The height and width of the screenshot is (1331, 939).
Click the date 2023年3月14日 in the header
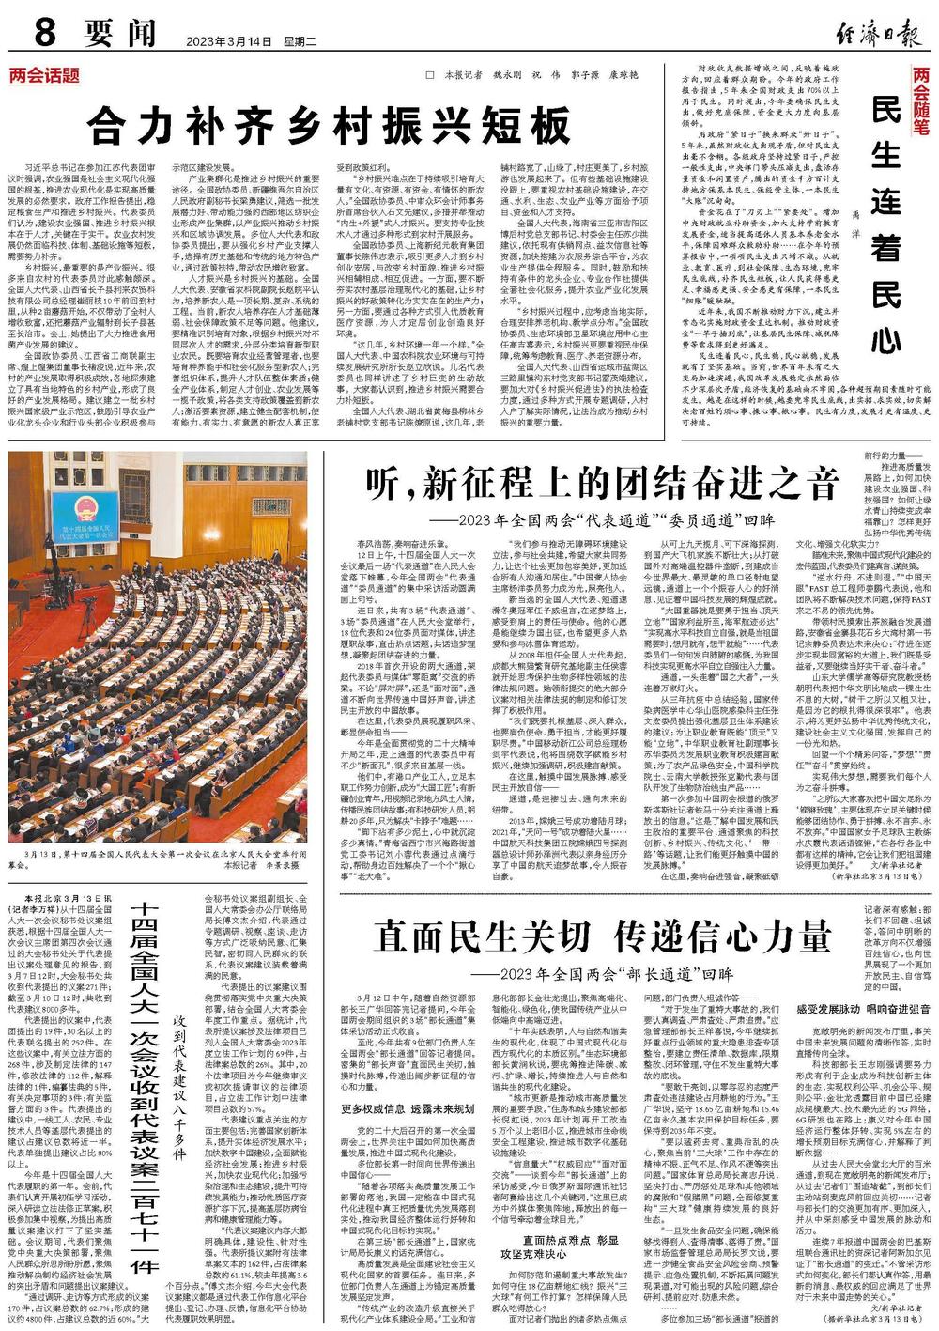228,41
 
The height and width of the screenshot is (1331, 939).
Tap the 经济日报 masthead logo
873,34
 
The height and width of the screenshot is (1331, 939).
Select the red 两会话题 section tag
45,76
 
